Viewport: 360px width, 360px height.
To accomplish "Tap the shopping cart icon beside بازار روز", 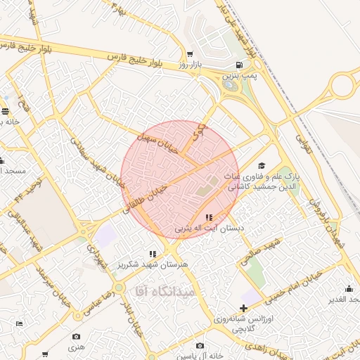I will [190, 53].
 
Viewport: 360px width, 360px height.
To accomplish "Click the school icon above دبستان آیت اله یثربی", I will [209, 217].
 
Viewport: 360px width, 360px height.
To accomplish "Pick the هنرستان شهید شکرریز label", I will [155, 264].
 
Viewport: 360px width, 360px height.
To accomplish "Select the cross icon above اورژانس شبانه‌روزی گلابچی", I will [243, 308].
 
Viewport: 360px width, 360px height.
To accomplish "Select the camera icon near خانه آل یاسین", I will [200, 345].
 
